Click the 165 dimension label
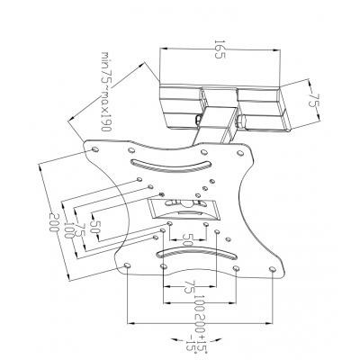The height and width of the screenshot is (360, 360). click(x=220, y=49)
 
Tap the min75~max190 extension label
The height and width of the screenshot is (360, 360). click(x=105, y=92)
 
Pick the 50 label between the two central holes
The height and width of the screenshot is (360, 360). click(x=187, y=239)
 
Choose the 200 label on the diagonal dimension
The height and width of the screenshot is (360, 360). click(x=54, y=222)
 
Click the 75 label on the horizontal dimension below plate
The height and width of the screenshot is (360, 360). click(x=189, y=287)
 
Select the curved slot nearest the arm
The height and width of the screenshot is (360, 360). click(x=170, y=166)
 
